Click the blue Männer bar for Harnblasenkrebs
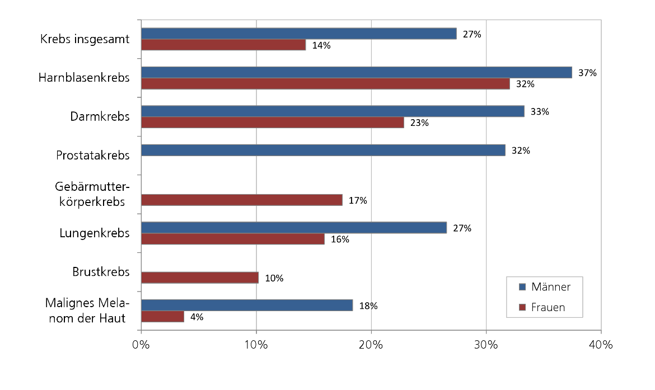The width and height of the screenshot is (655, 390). (356, 73)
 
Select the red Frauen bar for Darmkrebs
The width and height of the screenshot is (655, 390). (272, 123)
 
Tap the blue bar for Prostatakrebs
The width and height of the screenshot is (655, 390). (323, 151)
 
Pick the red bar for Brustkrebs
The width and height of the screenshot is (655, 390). (200, 278)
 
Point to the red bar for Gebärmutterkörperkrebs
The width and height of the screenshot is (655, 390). (241, 200)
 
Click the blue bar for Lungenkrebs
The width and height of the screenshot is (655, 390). (294, 228)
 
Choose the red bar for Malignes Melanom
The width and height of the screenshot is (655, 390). (162, 317)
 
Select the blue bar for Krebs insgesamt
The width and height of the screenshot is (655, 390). (298, 34)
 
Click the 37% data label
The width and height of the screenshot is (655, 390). (587, 73)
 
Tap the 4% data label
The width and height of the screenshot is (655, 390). (196, 317)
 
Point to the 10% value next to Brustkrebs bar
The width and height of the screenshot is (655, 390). (274, 278)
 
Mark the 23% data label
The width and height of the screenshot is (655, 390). (419, 123)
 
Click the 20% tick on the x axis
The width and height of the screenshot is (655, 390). (371, 345)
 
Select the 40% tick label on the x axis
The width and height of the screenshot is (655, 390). (601, 345)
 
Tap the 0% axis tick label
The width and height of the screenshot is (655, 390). (141, 345)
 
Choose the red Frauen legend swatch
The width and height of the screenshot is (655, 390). (522, 307)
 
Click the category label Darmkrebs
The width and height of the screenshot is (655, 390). (100, 117)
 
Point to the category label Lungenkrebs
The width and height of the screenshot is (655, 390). (94, 233)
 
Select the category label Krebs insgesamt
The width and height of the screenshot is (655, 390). (85, 39)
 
